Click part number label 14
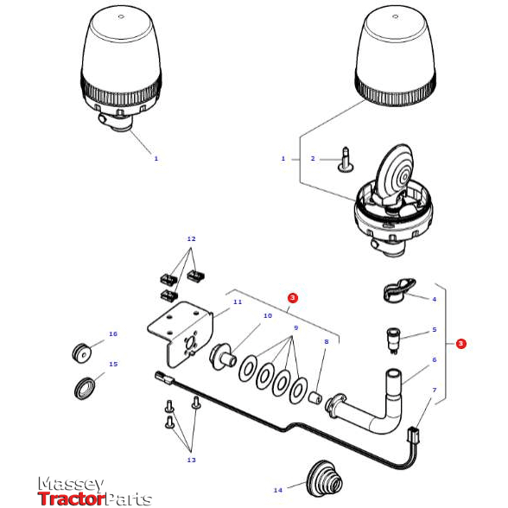[x=277, y=490]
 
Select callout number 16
[x=112, y=333]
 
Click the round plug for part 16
[x=82, y=352]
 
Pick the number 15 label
[x=112, y=364]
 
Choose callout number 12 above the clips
[x=191, y=238]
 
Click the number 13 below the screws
[x=191, y=460]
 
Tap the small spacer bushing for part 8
[x=315, y=398]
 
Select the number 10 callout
[x=268, y=316]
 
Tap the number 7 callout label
[x=434, y=391]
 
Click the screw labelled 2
[x=346, y=158]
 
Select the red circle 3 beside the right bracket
[x=461, y=344]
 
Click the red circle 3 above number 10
[x=293, y=297]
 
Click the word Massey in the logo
[x=70, y=485]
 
